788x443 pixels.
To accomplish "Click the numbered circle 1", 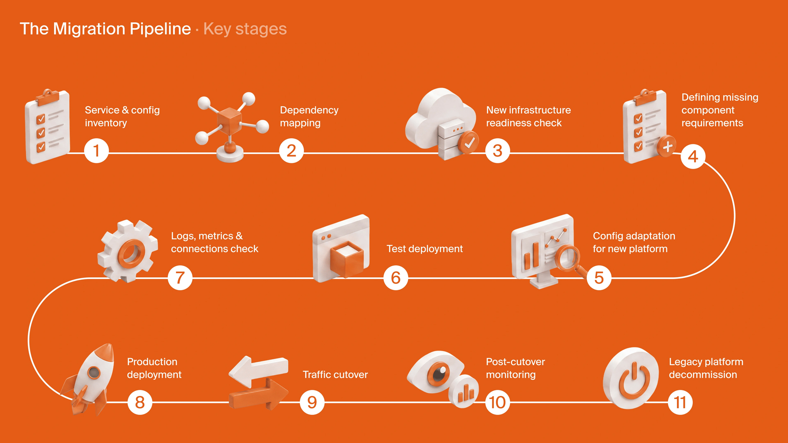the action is tap(96, 151).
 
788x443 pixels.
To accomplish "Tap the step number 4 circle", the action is tap(693, 156).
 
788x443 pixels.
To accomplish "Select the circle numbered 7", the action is tap(180, 278).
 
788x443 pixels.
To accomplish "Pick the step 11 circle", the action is tap(680, 402).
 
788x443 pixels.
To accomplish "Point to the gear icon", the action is tap(128, 251).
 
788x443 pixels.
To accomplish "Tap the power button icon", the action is tap(631, 378).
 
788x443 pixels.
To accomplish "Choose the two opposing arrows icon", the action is tap(259, 383).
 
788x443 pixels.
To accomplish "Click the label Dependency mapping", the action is tap(309, 116).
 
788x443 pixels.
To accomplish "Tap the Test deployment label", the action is tap(424, 249).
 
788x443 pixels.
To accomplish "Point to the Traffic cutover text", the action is tap(335, 374).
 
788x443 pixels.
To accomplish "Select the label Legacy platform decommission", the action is tap(706, 368).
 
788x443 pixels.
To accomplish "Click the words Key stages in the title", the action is tap(245, 29).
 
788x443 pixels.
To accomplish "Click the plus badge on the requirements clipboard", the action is tap(667, 146).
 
